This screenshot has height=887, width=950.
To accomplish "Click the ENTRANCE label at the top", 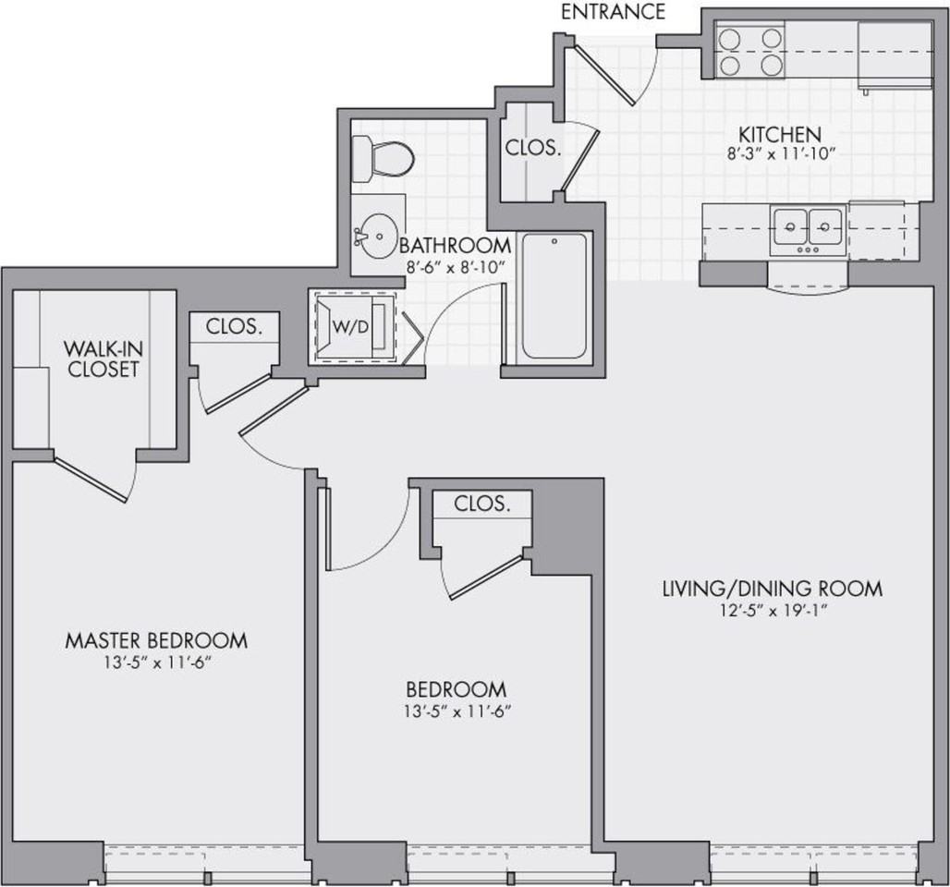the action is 613,11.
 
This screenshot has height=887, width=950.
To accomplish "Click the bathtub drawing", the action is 554,296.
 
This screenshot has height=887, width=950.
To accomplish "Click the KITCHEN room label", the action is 780,134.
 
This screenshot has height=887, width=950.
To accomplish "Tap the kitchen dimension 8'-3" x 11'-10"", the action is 782,154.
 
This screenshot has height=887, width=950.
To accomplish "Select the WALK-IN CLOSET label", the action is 103,358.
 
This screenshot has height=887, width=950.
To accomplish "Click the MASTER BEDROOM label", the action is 156,640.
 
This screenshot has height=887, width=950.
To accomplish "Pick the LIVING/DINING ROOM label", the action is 773,589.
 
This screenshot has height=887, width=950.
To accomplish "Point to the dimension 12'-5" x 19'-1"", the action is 773,611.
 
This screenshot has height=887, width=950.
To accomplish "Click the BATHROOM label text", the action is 455,246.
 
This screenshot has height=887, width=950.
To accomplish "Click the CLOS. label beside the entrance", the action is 533,148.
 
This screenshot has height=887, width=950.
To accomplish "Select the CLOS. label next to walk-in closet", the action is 234,327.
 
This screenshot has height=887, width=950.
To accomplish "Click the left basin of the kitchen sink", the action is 790,227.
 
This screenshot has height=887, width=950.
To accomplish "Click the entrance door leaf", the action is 603,75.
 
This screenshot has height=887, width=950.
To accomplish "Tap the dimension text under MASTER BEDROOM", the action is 157,662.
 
